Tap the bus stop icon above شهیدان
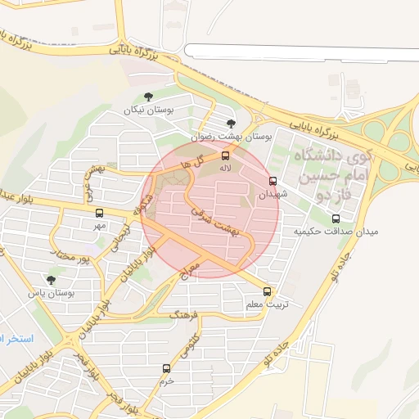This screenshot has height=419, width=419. (273, 182)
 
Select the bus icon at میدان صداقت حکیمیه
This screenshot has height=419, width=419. (336, 219)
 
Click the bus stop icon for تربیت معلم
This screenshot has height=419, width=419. (268, 291)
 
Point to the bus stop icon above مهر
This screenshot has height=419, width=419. (100, 213)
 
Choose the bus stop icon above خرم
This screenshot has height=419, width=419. (167, 368)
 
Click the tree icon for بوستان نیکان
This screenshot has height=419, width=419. (148, 97)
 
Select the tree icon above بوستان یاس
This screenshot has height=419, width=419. (51, 280)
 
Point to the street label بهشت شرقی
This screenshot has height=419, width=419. (214, 220)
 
